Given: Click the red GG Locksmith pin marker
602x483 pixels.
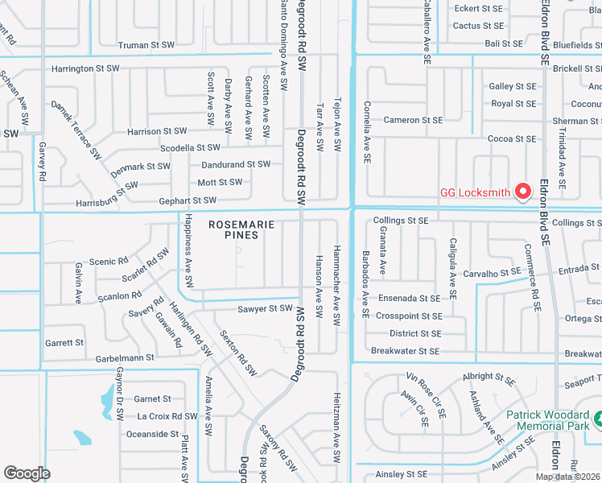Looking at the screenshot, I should point(522,192).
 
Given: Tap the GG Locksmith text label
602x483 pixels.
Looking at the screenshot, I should point(476,192).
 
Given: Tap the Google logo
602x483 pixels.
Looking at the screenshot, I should point(27,473).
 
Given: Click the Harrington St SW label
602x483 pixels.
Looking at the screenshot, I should point(84,69).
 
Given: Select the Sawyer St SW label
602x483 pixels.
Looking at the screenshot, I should point(265,309).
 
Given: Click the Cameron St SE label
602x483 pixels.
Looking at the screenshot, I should point(413,120).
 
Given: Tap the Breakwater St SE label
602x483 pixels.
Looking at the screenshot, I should point(406,351).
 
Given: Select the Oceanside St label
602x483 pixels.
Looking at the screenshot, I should point(152,434).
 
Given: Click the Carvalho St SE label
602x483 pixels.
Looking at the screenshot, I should point(492,273).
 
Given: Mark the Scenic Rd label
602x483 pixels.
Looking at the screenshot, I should point(109,262).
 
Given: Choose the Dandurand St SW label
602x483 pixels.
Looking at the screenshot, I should point(236,164).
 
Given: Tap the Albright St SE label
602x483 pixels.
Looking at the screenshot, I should point(489,377).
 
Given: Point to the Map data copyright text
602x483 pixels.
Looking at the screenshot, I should point(567,477).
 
